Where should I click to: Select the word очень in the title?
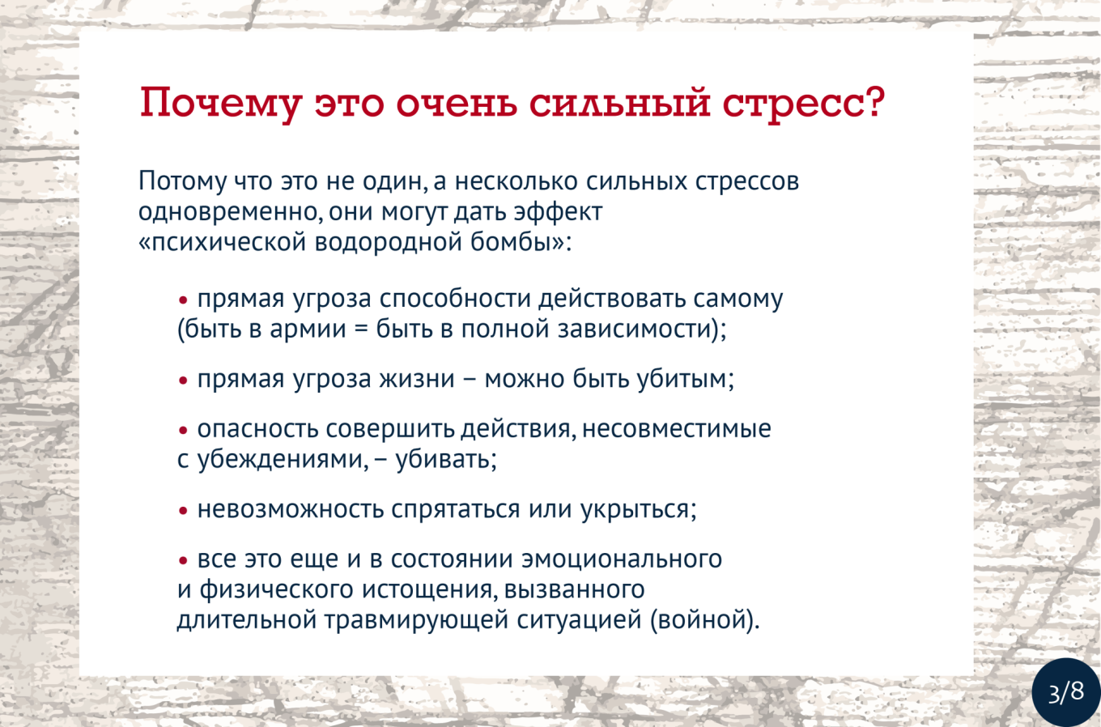(x=457, y=103)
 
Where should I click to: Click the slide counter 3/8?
(x=1066, y=692)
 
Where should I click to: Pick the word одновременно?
(x=230, y=212)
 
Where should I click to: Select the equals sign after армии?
(x=361, y=329)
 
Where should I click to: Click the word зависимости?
(x=635, y=329)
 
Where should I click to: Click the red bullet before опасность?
(x=183, y=431)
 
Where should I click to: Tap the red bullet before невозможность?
(x=183, y=511)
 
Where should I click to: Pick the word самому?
(x=738, y=300)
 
